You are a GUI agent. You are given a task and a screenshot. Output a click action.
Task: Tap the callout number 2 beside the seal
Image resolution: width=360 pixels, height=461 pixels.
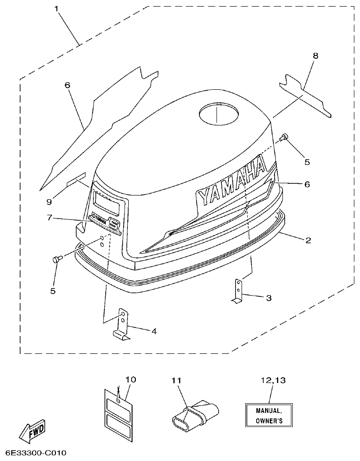pyautogui.click(x=308, y=241)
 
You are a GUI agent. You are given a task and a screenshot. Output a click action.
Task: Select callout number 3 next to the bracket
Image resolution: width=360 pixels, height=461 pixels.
pyautogui.click(x=268, y=297)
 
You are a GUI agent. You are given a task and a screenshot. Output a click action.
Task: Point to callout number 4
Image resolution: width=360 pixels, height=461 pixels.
pyautogui.click(x=154, y=331)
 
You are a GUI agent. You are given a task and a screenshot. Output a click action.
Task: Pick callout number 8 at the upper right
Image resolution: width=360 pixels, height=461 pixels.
pyautogui.click(x=315, y=55)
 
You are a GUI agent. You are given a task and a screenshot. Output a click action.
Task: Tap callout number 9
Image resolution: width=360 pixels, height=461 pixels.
pyautogui.click(x=49, y=202)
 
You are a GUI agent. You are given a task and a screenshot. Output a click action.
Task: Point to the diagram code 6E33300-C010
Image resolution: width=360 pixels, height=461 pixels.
pyautogui.click(x=36, y=453)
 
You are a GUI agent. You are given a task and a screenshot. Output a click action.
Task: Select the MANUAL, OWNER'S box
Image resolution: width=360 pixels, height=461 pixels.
pyautogui.click(x=268, y=415)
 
